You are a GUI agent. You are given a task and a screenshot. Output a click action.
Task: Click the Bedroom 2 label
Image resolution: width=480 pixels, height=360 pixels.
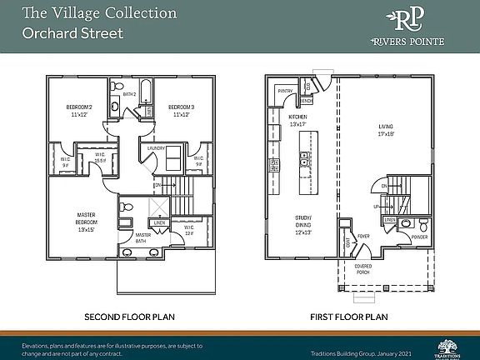click(79, 110)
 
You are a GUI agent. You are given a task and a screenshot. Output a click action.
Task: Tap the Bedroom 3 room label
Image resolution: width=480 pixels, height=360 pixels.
click(181, 110)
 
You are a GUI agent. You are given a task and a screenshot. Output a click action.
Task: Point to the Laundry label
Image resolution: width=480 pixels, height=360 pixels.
click(156, 148)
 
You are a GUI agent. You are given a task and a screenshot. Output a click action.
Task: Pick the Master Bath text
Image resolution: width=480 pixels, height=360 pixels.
click(143, 237)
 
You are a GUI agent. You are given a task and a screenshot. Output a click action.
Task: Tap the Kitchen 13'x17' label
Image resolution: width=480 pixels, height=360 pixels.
click(298, 120)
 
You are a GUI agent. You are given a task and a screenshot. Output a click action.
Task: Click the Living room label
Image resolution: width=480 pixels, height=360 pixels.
click(385, 129)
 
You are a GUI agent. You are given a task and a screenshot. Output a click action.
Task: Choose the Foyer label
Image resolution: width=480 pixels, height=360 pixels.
click(363, 236)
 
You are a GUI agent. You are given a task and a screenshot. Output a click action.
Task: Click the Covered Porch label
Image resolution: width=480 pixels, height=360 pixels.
click(363, 270)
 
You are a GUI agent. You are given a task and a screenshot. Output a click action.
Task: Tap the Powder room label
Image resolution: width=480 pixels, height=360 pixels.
click(419, 237)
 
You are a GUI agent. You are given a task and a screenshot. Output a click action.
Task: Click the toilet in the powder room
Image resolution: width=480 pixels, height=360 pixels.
click(423, 224)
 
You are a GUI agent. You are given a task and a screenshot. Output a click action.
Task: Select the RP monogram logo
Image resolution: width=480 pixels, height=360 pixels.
click(408, 21)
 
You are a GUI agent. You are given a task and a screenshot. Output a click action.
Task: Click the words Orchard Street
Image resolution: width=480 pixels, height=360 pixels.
click(72, 34)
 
